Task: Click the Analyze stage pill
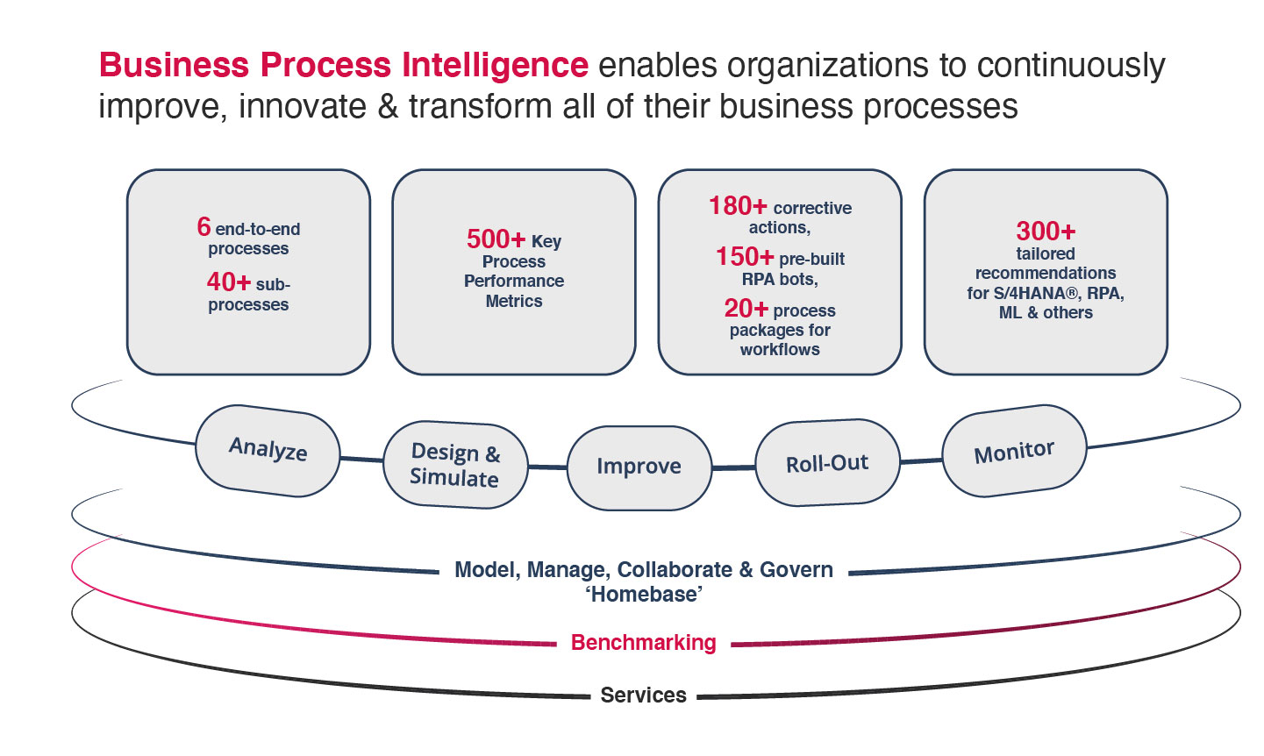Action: tap(268, 450)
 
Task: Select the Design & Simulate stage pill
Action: tap(455, 464)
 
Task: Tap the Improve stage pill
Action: tap(639, 467)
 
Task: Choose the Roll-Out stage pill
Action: tap(827, 462)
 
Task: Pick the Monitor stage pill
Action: tap(1015, 451)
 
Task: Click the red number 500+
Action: tap(496, 239)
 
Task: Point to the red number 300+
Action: tap(1046, 232)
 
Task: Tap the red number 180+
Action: tap(738, 206)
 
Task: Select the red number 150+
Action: tap(745, 257)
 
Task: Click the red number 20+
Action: tap(746, 309)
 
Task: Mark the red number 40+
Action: tap(229, 282)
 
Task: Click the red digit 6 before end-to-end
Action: tap(204, 227)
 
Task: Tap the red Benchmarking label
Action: tap(643, 643)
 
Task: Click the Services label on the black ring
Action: tap(643, 695)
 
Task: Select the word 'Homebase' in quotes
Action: tap(644, 595)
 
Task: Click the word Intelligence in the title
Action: tap(495, 64)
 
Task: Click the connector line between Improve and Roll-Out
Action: tap(733, 467)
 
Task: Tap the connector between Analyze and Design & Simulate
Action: tap(361, 460)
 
